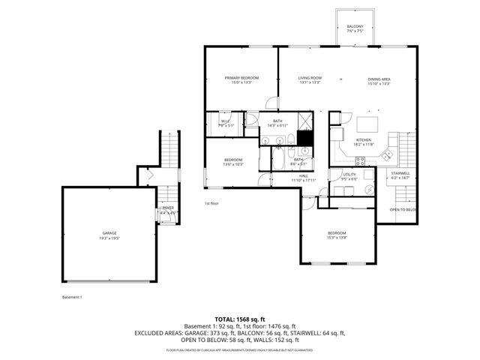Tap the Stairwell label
click(400, 175)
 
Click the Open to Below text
click(403, 210)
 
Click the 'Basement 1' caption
click(72, 297)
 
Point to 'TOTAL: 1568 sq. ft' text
click(240, 319)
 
